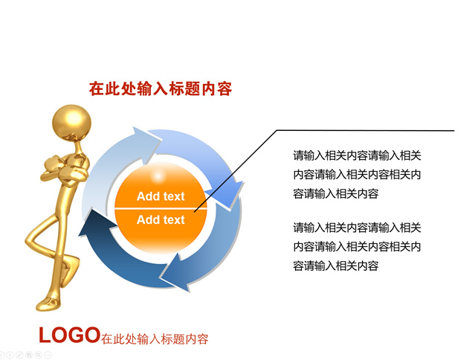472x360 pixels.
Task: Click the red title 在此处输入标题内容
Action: click(x=161, y=89)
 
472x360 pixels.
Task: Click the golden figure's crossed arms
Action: click(x=64, y=169)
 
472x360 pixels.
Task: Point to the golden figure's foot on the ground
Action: click(x=48, y=303)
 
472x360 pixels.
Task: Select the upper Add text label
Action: click(x=161, y=196)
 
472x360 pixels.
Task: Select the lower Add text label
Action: click(x=161, y=220)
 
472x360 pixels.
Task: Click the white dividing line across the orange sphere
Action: click(x=161, y=208)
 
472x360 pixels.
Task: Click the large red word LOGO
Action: click(x=69, y=335)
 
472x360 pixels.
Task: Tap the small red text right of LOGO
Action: click(x=155, y=339)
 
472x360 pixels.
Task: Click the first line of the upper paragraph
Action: click(x=357, y=155)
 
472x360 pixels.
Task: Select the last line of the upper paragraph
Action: click(x=336, y=193)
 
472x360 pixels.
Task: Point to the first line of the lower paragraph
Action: click(x=357, y=228)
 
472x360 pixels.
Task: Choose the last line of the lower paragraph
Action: click(x=336, y=266)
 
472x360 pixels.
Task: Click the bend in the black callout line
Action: click(x=277, y=130)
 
